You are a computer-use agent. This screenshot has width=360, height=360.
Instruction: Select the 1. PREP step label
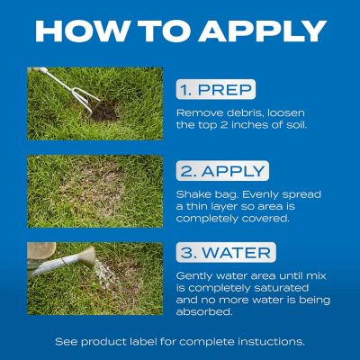click(x=216, y=91)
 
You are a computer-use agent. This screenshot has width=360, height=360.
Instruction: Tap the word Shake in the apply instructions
click(x=194, y=193)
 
